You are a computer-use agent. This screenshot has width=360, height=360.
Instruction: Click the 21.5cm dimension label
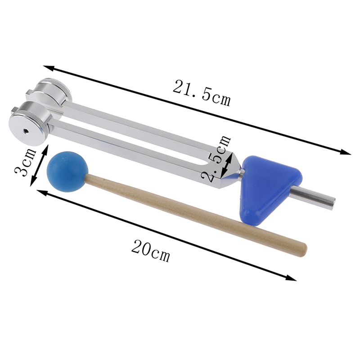[x=201, y=93]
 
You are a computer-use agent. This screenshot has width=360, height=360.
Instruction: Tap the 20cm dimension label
[x=151, y=250]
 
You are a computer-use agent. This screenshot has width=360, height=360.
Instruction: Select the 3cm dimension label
[x=25, y=162]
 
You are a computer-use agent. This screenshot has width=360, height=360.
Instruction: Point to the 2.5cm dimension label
[x=216, y=158]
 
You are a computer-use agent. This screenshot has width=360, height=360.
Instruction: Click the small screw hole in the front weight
[x=25, y=131]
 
